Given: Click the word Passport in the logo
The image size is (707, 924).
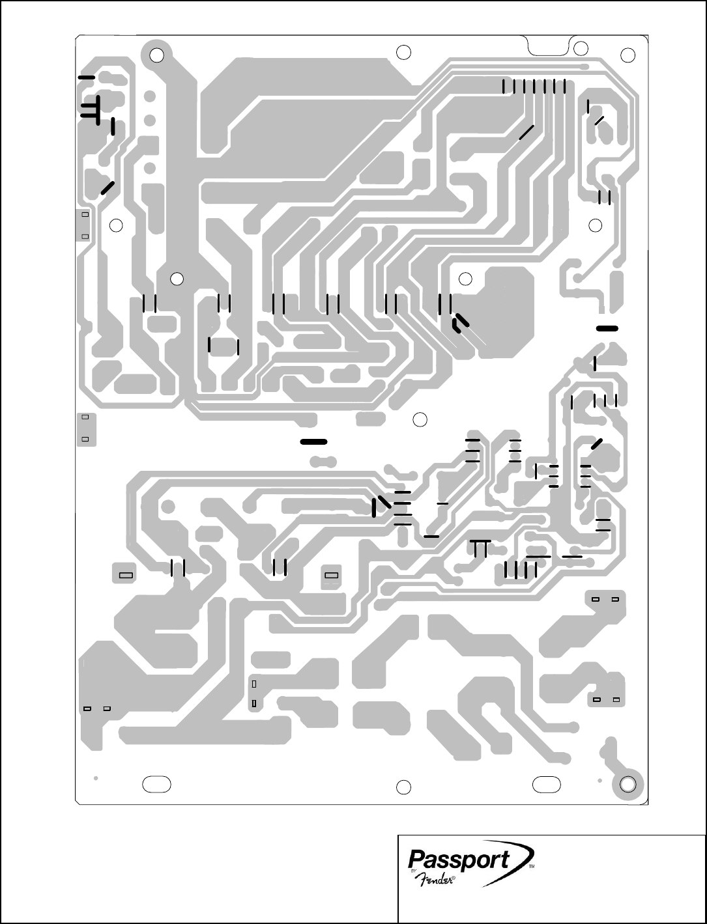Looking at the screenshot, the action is click(x=459, y=859).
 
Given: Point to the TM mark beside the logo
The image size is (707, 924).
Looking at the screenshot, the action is click(x=531, y=868).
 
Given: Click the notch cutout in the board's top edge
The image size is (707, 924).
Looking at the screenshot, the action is click(x=547, y=46).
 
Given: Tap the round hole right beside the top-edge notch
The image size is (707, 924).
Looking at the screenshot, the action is click(x=581, y=48).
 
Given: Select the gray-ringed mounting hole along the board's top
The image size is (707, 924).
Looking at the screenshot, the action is click(x=156, y=55).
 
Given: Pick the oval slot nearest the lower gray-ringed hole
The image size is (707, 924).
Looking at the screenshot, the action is click(x=546, y=783).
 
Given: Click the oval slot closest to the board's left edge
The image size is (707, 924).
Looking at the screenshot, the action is click(x=157, y=784).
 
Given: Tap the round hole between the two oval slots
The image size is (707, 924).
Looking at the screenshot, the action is click(x=404, y=787).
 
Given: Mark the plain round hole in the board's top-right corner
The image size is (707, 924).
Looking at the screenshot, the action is click(x=628, y=55).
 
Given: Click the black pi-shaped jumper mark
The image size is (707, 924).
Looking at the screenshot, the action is click(x=481, y=548).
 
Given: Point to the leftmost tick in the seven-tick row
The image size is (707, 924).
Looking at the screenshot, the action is click(x=504, y=85).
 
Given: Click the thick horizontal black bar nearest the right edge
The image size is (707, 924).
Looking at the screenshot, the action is click(x=607, y=328).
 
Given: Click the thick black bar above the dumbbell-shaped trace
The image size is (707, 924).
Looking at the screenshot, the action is click(x=313, y=442).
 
